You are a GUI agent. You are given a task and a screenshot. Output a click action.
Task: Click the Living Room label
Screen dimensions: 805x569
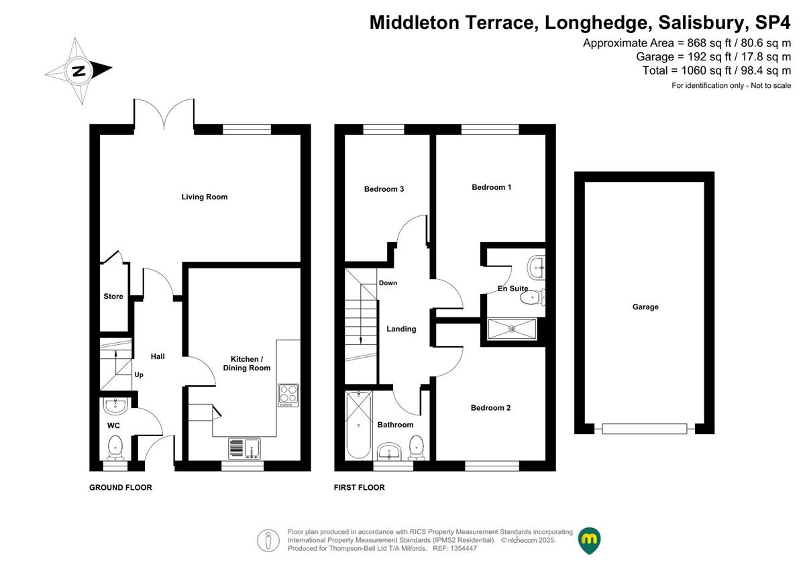(x=204, y=197)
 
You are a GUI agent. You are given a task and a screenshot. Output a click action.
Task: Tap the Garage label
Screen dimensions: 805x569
(x=645, y=307)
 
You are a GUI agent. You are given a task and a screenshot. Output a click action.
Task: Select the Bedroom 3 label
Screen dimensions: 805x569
(x=384, y=189)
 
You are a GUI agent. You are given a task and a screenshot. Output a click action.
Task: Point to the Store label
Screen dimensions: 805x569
(x=113, y=297)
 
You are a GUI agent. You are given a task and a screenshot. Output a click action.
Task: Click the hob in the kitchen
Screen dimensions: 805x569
(x=288, y=395)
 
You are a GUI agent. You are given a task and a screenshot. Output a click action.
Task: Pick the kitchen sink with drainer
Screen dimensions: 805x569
(x=244, y=448)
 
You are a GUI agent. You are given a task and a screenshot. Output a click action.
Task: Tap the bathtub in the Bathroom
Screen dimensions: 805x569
(x=359, y=425)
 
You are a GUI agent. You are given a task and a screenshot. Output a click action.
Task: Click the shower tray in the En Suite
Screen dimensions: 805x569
(x=512, y=329)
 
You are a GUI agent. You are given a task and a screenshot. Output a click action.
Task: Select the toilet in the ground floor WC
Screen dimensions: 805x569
(x=115, y=448)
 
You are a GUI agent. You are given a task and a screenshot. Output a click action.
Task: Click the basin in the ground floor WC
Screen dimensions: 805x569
(x=115, y=406)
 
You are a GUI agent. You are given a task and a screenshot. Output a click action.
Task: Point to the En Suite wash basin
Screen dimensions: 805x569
(x=537, y=268)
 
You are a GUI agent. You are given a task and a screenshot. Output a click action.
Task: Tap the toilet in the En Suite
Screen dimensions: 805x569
(x=533, y=297)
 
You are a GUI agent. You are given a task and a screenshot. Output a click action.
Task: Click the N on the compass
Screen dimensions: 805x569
(x=78, y=71)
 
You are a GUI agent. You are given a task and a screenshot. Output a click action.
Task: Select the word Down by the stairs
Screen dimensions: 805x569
(x=388, y=283)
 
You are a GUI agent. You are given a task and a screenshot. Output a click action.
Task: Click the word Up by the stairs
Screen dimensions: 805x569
(x=139, y=375)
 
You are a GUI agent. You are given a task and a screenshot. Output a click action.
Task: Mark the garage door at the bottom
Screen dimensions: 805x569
(x=645, y=429)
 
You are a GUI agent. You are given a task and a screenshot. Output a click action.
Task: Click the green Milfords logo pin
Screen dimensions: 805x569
(x=589, y=540)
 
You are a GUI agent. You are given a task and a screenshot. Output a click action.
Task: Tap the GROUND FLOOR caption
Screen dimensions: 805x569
(x=121, y=488)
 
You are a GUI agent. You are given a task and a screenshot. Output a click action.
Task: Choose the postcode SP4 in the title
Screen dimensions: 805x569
(x=773, y=23)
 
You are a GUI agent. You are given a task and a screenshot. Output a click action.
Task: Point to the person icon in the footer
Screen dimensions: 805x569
(x=268, y=540)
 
